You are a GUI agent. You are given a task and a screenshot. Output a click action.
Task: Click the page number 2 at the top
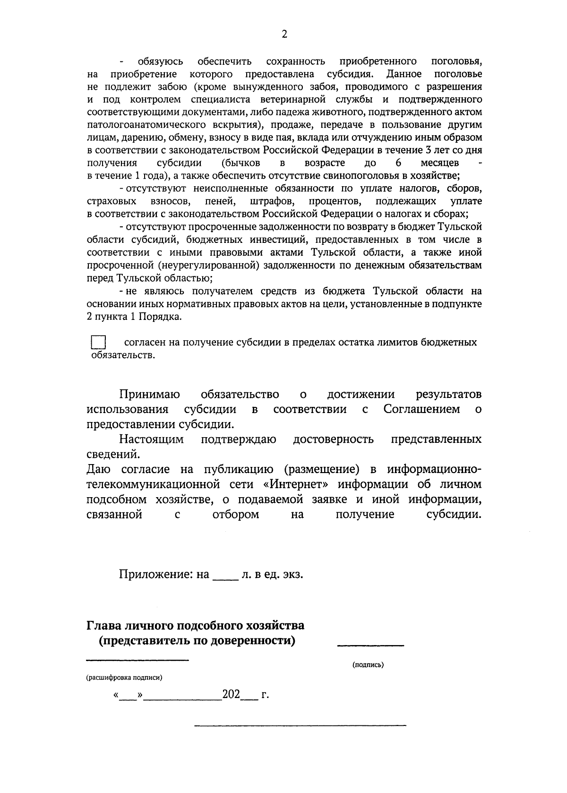284,34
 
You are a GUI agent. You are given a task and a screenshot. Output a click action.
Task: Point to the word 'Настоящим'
151,440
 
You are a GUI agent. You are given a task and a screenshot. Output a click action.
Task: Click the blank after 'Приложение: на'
225,576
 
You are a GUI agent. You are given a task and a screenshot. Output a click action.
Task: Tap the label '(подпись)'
368,665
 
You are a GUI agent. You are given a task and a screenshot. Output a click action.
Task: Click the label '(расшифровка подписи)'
124,678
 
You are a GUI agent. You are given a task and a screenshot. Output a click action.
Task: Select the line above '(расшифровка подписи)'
137,659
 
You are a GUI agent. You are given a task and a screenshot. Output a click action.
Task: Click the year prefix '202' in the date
232,695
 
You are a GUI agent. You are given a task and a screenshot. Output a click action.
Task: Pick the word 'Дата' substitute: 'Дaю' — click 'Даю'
99,469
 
